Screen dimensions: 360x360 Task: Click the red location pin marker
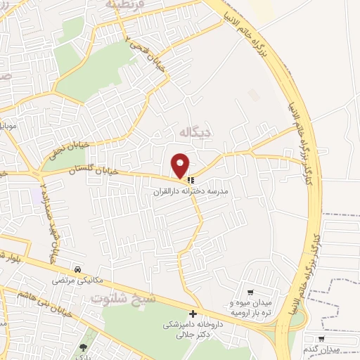(x=181, y=165)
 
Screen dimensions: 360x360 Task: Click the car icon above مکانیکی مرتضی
(x=77, y=269)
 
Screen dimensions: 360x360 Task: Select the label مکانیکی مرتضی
(x=77, y=280)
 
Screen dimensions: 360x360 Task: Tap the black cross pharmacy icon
(x=192, y=314)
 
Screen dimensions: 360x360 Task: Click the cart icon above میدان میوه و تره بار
(x=250, y=292)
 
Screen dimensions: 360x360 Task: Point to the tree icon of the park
(x=84, y=347)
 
